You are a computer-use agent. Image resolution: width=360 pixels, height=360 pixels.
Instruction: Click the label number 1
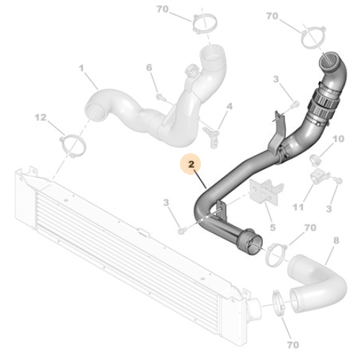82,69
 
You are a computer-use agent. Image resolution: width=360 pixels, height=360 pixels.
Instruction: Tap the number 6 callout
150,68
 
